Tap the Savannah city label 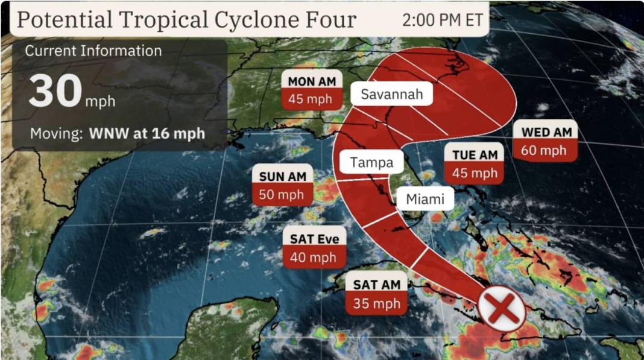(x=391, y=94)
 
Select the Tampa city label (x=371, y=162)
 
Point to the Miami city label (x=425, y=199)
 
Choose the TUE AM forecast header (x=475, y=155)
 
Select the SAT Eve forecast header (x=315, y=239)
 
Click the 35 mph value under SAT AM (x=377, y=303)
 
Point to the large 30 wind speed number (x=55, y=92)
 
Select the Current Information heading (x=93, y=51)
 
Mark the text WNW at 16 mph (x=147, y=133)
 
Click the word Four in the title (x=333, y=19)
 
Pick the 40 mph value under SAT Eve (x=314, y=257)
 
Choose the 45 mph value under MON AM (x=310, y=99)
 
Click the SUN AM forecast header (x=283, y=176)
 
